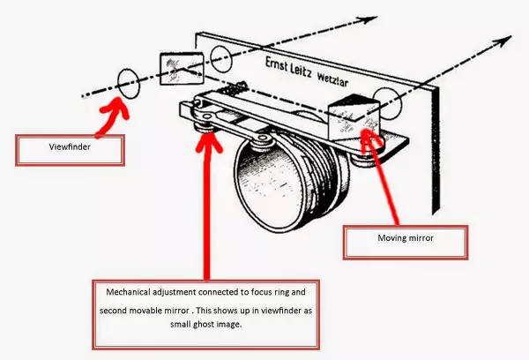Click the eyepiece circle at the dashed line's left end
[x=128, y=81]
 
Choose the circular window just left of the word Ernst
[x=220, y=60]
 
